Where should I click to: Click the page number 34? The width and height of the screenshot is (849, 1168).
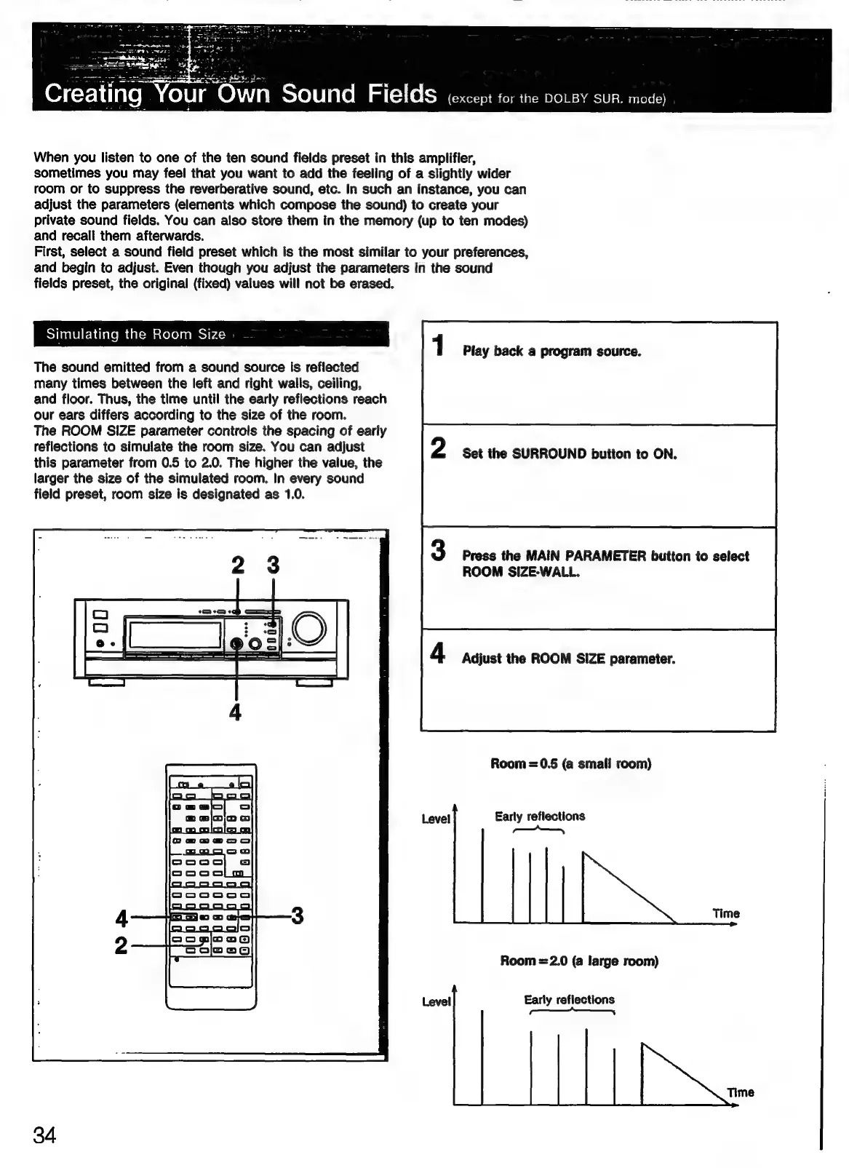click(x=44, y=1135)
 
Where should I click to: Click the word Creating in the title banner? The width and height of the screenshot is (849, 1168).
click(x=93, y=95)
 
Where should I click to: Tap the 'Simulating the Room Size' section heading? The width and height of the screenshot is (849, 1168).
click(x=136, y=334)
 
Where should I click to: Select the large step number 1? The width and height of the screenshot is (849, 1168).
click(x=438, y=346)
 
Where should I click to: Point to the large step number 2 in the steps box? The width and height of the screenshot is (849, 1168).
click(x=438, y=448)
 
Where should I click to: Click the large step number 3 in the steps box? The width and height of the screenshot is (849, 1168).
click(x=438, y=550)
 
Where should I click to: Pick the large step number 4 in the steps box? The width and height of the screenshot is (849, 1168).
click(x=438, y=653)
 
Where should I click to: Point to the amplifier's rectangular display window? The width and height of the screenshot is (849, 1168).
click(x=175, y=635)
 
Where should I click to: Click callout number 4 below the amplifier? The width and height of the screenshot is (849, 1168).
click(x=235, y=712)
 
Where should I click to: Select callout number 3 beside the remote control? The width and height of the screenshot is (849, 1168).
click(x=297, y=915)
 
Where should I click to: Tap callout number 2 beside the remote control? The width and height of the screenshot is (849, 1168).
click(x=121, y=945)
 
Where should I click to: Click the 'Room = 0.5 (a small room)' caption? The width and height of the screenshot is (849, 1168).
click(x=570, y=763)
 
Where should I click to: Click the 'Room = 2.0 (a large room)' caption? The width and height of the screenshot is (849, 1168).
click(x=578, y=961)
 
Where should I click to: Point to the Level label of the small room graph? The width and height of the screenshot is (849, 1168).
click(x=436, y=819)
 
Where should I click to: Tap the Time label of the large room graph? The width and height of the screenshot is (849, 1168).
click(x=741, y=1092)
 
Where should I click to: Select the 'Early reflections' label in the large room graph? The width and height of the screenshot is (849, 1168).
click(x=569, y=999)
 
